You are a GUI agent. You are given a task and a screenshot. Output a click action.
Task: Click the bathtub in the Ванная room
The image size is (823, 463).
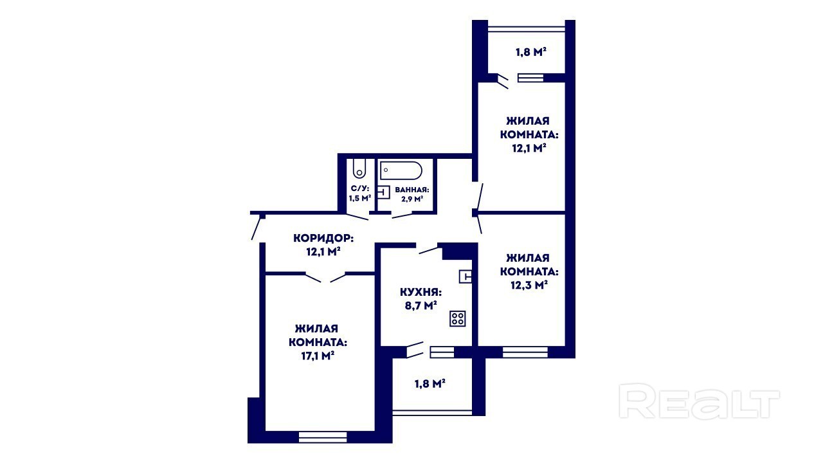click(401, 171)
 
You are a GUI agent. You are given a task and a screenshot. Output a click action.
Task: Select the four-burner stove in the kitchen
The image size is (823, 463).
click(457, 318)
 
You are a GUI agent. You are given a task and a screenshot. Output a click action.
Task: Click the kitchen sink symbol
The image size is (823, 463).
click(465, 277)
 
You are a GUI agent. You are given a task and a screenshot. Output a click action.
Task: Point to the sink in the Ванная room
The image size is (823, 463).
click(384, 192)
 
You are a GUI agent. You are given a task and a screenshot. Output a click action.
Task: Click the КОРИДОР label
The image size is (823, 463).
click(323, 238)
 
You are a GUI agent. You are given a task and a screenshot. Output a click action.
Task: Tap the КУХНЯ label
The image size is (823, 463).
click(421, 293)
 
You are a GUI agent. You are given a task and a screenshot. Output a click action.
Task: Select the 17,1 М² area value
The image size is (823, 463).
click(318, 356)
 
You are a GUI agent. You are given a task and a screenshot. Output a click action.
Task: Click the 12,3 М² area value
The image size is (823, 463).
click(529, 285)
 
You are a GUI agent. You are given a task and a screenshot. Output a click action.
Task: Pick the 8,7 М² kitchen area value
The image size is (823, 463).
click(421, 305)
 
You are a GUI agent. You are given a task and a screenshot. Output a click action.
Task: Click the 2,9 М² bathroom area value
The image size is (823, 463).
click(412, 199)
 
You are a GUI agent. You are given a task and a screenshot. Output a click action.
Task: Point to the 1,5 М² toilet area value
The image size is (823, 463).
click(359, 199)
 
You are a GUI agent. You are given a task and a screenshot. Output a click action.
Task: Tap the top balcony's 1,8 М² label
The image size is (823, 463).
click(531, 52)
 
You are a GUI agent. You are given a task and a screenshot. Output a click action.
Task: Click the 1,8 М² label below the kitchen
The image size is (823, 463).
click(430, 384)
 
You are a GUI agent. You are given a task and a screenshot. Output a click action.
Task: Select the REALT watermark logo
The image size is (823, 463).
click(699, 401)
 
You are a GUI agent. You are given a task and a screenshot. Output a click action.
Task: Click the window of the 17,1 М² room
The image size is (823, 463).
click(323, 437)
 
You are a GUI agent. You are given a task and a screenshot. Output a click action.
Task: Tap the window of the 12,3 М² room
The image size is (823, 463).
click(525, 352)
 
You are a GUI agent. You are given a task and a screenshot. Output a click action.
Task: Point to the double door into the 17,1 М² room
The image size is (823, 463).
click(325, 277)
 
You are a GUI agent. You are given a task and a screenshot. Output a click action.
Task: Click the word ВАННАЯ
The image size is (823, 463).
click(412, 190)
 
